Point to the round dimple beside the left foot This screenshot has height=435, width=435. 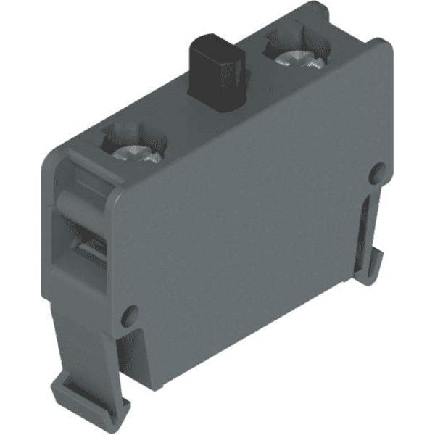point(130,315)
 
